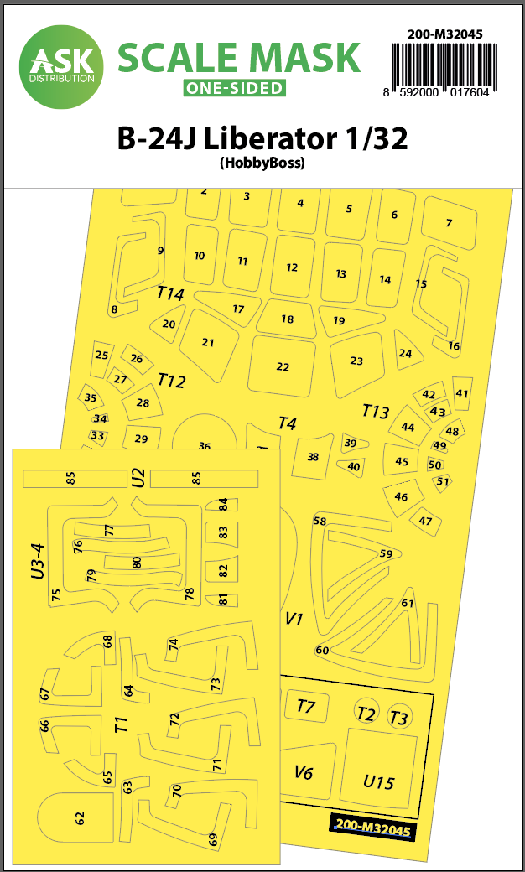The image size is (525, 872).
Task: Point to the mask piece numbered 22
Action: [283, 366]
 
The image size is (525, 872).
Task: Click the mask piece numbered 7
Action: [450, 223]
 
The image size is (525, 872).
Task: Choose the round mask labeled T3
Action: [398, 716]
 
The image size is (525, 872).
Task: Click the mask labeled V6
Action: [308, 773]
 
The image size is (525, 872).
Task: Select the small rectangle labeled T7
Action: [307, 708]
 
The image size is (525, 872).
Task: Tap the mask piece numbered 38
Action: [314, 457]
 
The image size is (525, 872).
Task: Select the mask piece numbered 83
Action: [221, 532]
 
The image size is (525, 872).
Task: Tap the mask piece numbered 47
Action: [425, 521]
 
